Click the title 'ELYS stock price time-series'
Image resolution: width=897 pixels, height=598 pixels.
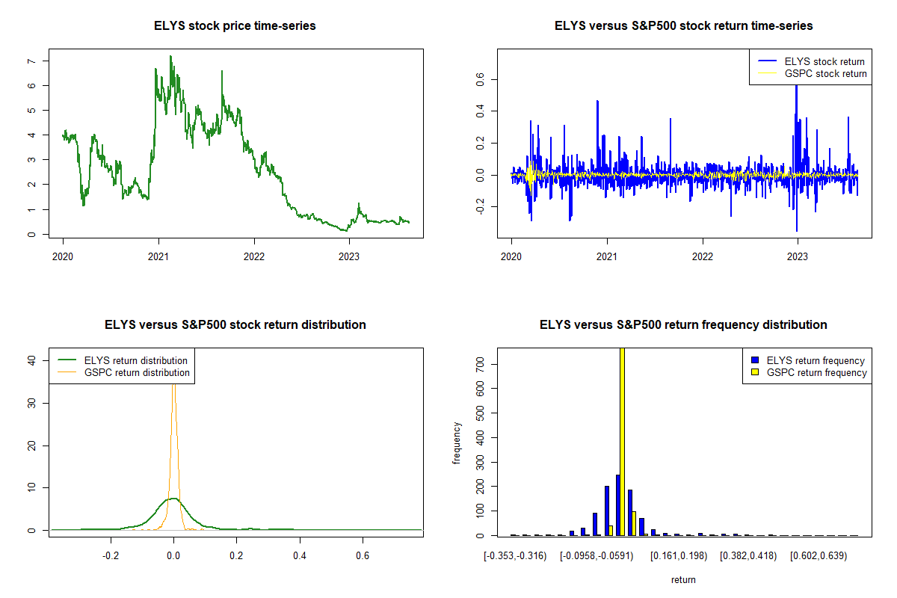235,26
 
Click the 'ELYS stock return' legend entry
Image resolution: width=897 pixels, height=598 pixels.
824,61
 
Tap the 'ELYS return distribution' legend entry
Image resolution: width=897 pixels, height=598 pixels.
136,360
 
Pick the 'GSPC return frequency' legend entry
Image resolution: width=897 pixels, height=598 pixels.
817,372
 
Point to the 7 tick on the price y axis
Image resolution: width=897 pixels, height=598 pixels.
31,61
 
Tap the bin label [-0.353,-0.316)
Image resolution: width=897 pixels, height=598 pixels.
515,556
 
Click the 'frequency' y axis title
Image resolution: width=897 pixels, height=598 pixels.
457,443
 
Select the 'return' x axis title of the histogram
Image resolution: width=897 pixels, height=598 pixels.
683,579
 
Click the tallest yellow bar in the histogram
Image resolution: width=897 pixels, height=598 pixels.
622,441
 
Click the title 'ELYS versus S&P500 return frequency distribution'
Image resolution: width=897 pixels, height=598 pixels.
683,325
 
